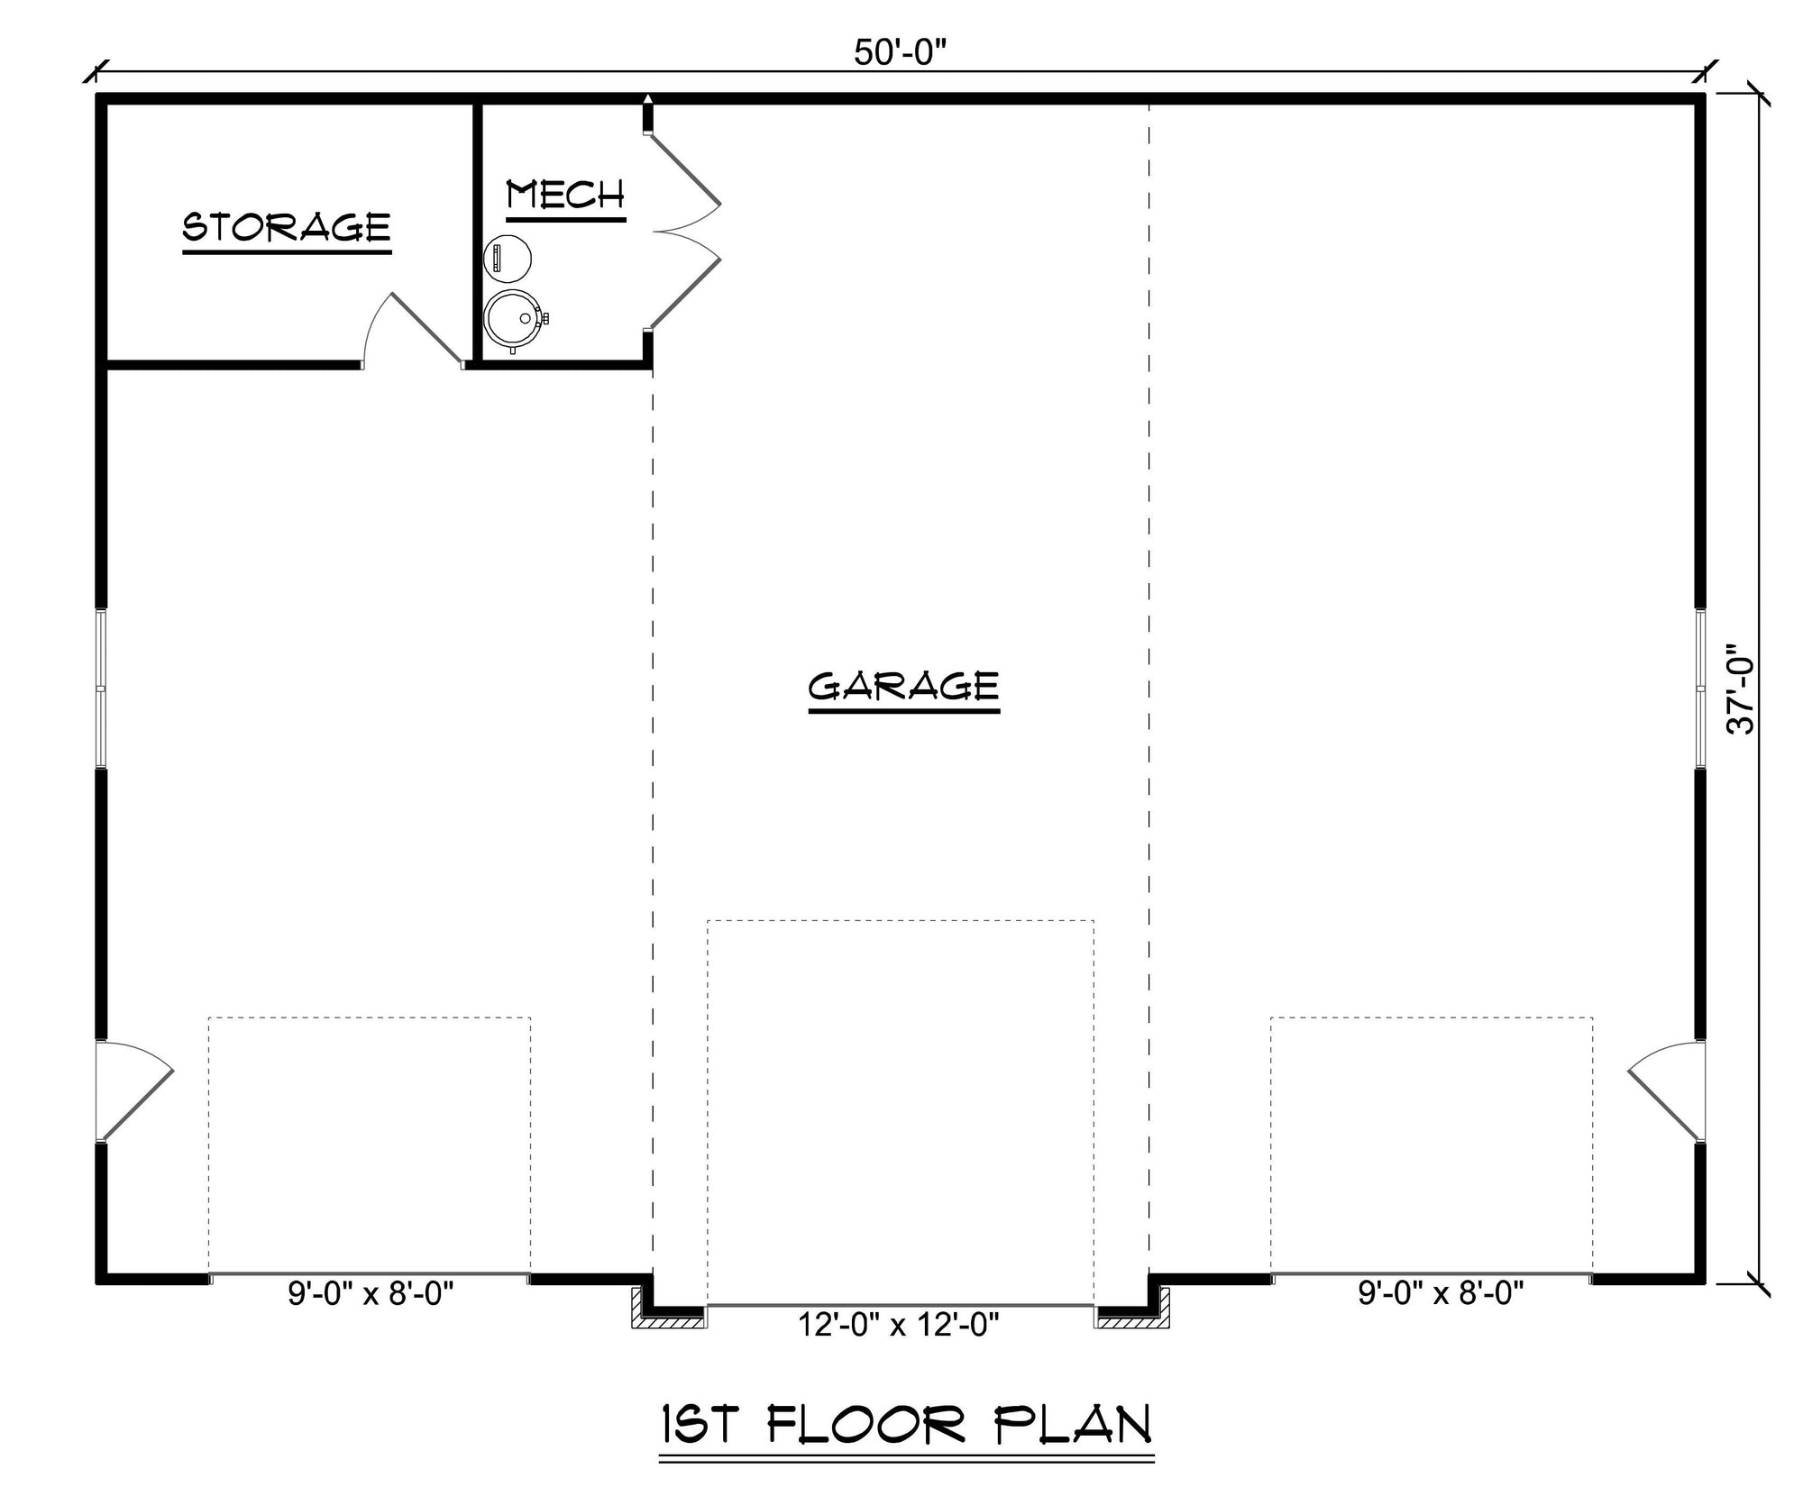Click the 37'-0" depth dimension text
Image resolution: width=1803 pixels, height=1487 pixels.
click(1741, 689)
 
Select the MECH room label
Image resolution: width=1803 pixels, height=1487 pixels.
click(565, 198)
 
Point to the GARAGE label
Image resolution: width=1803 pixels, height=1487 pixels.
click(904, 689)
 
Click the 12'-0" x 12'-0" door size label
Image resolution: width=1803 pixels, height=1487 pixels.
click(899, 1325)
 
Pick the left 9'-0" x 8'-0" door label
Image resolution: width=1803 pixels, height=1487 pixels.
click(371, 1294)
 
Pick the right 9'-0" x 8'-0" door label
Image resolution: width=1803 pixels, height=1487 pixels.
click(1441, 1294)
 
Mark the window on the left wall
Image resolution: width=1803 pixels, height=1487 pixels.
click(102, 689)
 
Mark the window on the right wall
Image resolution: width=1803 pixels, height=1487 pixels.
click(1700, 689)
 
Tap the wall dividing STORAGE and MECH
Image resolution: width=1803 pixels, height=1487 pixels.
click(477, 233)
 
